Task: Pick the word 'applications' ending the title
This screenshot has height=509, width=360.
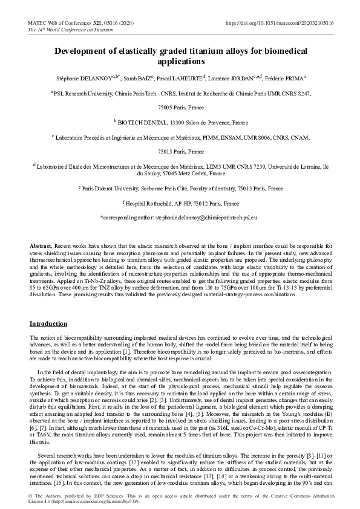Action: pos(180,62)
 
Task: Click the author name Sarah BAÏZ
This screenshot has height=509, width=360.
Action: pos(141,79)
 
